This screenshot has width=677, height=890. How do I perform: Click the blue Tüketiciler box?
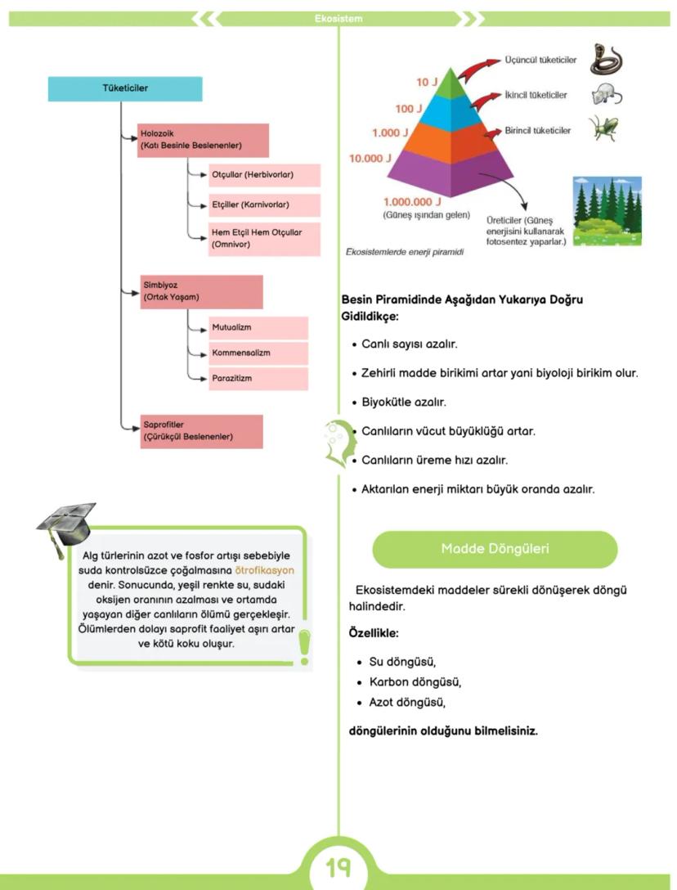[x=124, y=88]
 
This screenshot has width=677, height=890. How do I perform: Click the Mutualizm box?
[x=257, y=328]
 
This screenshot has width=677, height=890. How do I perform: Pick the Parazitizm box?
[x=257, y=379]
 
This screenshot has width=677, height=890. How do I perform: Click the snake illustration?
[x=606, y=60]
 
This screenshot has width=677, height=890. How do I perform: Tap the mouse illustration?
[x=607, y=96]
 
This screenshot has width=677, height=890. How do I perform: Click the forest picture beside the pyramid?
[x=607, y=211]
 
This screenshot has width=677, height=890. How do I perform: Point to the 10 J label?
[x=427, y=83]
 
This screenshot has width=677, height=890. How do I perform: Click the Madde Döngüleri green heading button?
[x=495, y=549]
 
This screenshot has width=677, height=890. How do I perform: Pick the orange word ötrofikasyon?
[x=264, y=570]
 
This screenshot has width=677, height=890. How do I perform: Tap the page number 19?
[x=338, y=866]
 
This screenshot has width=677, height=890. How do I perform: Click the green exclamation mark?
[x=304, y=645]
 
